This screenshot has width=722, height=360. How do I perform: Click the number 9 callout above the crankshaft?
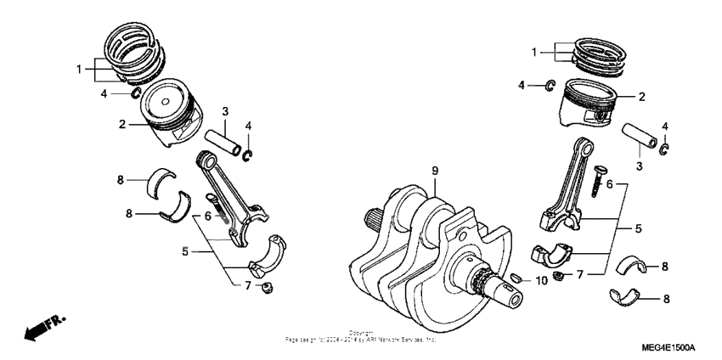[435, 172]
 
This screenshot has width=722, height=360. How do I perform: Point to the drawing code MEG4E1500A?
[668, 348]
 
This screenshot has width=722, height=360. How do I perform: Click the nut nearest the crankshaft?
[559, 276]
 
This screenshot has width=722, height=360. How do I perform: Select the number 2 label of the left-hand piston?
[122, 124]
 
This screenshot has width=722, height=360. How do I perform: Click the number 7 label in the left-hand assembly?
[248, 284]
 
